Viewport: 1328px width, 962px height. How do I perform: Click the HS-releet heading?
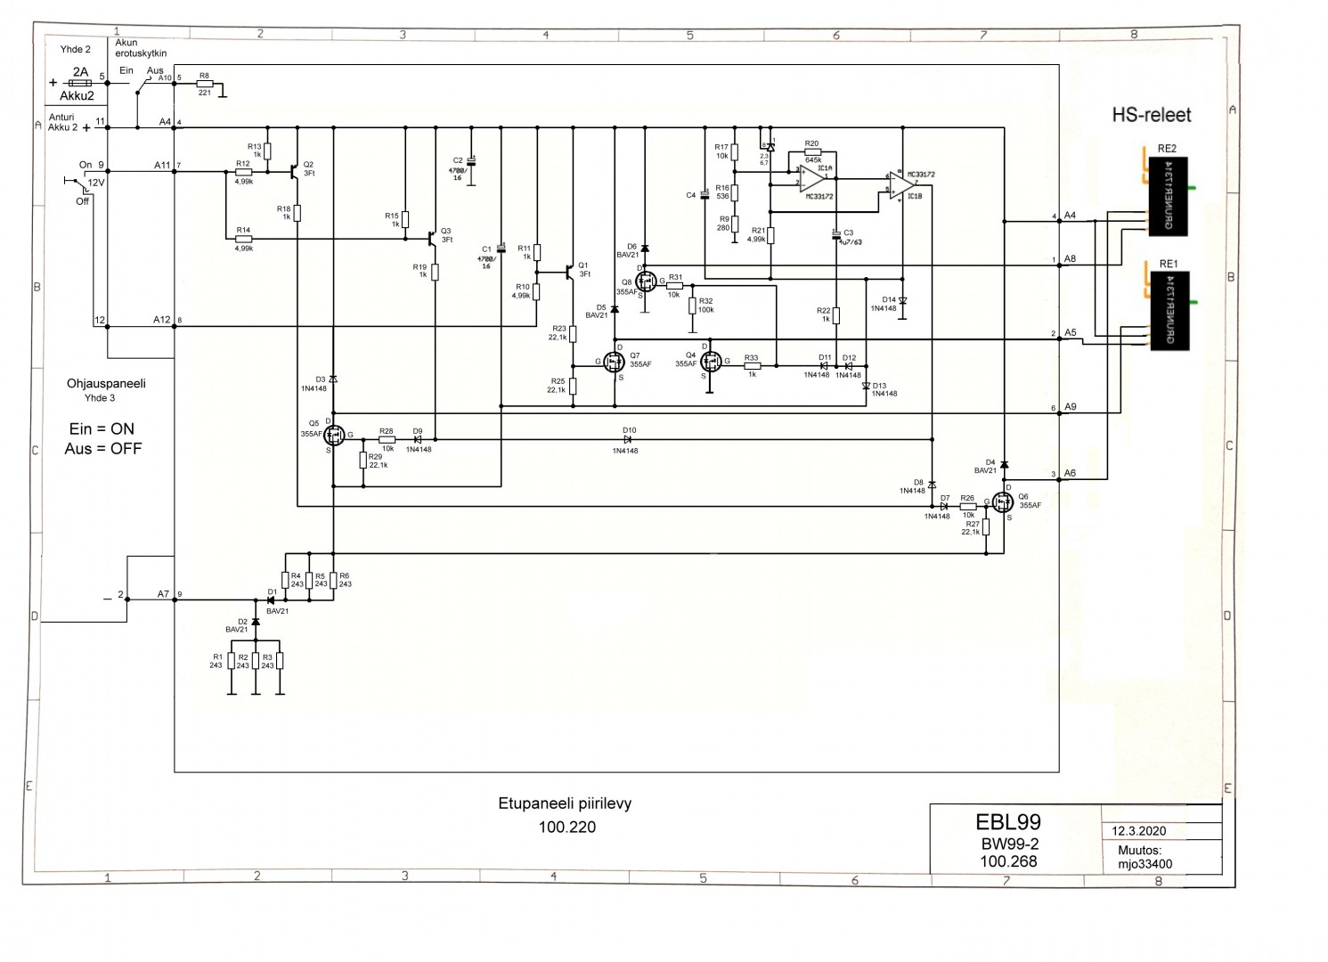click(x=1151, y=115)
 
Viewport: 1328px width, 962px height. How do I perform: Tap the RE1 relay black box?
click(x=1180, y=311)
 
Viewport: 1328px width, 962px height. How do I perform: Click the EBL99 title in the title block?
click(x=1007, y=822)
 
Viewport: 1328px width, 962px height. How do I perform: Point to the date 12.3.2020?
click(x=1138, y=831)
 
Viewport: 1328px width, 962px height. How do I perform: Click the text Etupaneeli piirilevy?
click(x=565, y=803)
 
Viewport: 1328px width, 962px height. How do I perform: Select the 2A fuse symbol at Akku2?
click(x=80, y=83)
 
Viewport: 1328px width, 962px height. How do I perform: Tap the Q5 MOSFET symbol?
click(x=334, y=436)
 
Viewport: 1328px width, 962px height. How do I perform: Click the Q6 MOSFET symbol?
click(x=1004, y=503)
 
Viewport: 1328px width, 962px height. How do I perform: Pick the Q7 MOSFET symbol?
click(x=614, y=362)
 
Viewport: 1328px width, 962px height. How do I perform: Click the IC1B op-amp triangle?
click(x=900, y=186)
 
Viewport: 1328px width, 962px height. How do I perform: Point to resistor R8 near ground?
click(x=205, y=84)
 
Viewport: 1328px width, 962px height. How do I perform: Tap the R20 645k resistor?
click(x=811, y=152)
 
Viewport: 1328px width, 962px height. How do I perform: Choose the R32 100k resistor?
click(x=692, y=306)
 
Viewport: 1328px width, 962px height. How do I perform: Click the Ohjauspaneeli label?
click(x=106, y=383)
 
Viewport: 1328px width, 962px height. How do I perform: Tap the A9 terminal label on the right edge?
click(x=1070, y=407)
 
